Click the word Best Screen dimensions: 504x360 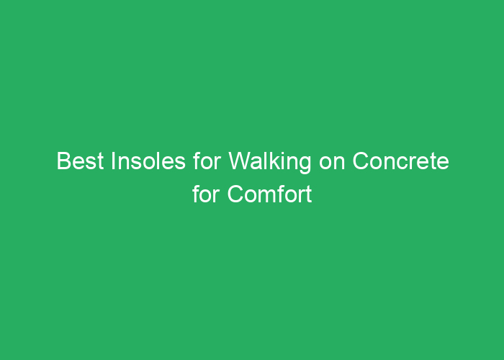[80, 161]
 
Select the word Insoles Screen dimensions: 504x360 [148, 161]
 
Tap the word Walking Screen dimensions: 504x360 [270, 163]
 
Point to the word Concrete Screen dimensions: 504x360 [400, 161]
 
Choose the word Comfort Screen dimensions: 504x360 [269, 194]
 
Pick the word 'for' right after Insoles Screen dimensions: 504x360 [207, 161]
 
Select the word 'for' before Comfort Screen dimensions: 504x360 [206, 194]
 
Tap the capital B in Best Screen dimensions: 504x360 [64, 161]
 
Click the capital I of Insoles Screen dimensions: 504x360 [113, 161]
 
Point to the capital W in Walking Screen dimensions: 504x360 [240, 161]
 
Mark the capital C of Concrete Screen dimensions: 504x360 [361, 161]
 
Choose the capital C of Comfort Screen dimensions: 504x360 [236, 194]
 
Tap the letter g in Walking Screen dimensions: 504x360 [305, 165]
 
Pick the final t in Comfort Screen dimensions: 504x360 [309, 195]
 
